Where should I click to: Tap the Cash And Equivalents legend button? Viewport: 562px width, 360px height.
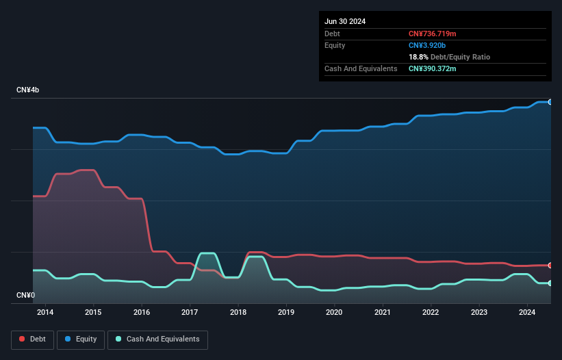click(x=157, y=339)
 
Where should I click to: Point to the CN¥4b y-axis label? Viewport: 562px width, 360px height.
click(x=29, y=90)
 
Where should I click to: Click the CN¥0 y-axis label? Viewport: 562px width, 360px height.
click(x=25, y=296)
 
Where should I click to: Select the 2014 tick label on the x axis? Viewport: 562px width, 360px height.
click(x=45, y=313)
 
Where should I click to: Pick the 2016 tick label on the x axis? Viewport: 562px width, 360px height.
click(x=142, y=313)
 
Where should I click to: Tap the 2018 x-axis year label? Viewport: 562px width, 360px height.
click(x=238, y=313)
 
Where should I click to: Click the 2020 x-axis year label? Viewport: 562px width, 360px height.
click(x=334, y=313)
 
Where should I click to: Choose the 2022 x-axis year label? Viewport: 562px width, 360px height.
click(x=431, y=313)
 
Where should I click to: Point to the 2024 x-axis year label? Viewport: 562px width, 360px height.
click(x=527, y=313)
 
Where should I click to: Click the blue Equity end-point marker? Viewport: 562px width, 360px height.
click(x=550, y=102)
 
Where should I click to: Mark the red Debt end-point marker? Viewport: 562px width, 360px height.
click(x=550, y=265)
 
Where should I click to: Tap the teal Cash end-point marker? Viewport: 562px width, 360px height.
click(x=550, y=283)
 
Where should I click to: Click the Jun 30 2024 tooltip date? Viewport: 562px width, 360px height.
click(x=345, y=21)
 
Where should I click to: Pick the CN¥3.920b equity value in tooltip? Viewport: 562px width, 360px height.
click(x=428, y=45)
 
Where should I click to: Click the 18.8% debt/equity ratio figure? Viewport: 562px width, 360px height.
click(x=418, y=57)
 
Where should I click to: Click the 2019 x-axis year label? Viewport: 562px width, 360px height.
click(x=286, y=313)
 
